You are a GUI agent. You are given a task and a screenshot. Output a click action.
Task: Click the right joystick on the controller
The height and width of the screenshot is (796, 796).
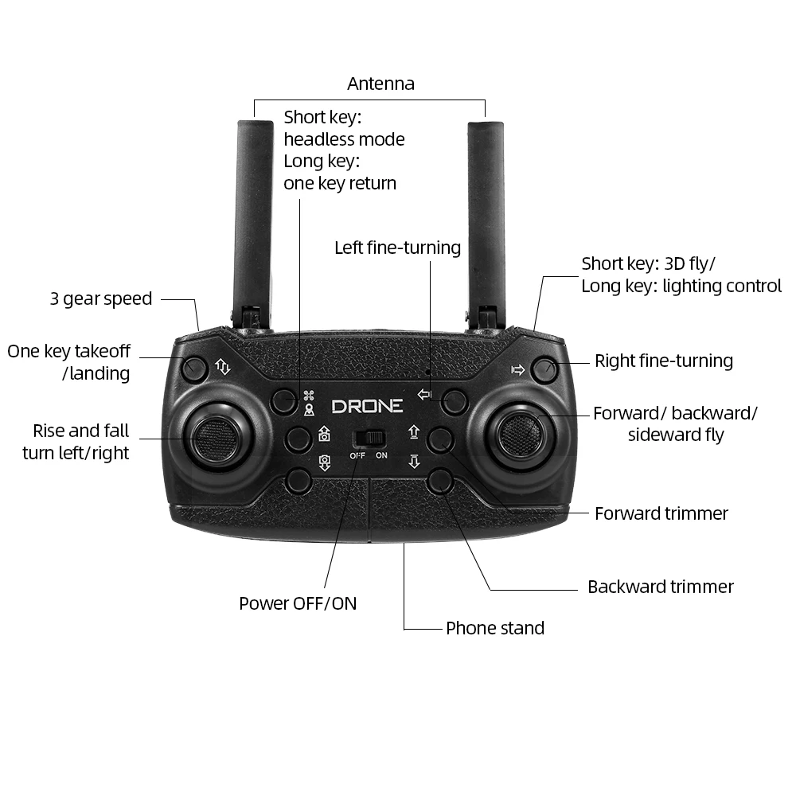520,435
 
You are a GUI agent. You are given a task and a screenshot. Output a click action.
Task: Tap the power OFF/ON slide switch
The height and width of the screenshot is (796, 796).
369,439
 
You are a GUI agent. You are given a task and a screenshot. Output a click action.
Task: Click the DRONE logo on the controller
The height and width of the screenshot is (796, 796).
367,406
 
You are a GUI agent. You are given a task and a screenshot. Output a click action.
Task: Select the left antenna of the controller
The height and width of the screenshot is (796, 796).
254,224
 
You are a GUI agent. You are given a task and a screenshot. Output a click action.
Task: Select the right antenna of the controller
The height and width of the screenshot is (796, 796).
486,224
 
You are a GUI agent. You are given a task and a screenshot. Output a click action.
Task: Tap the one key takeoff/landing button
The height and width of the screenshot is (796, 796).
194,369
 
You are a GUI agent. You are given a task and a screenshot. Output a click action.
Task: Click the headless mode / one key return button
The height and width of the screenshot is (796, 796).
284,401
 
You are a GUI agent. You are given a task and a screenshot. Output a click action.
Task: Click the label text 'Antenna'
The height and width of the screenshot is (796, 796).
380,84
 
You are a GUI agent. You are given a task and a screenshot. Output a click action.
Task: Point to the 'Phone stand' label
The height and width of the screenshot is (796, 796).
495,629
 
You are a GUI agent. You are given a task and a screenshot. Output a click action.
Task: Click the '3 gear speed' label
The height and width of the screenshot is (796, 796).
101,298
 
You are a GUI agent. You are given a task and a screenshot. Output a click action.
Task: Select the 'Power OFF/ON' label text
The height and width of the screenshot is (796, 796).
298,603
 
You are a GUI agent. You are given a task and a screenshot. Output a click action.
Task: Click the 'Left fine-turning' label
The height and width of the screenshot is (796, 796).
397,248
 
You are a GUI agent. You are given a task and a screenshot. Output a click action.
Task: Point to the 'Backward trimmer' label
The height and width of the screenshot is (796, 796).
661,587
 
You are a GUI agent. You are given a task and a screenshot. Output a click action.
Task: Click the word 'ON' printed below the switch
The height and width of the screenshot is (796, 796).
381,456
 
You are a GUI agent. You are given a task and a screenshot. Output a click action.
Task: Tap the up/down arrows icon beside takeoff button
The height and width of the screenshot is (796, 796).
223,366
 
